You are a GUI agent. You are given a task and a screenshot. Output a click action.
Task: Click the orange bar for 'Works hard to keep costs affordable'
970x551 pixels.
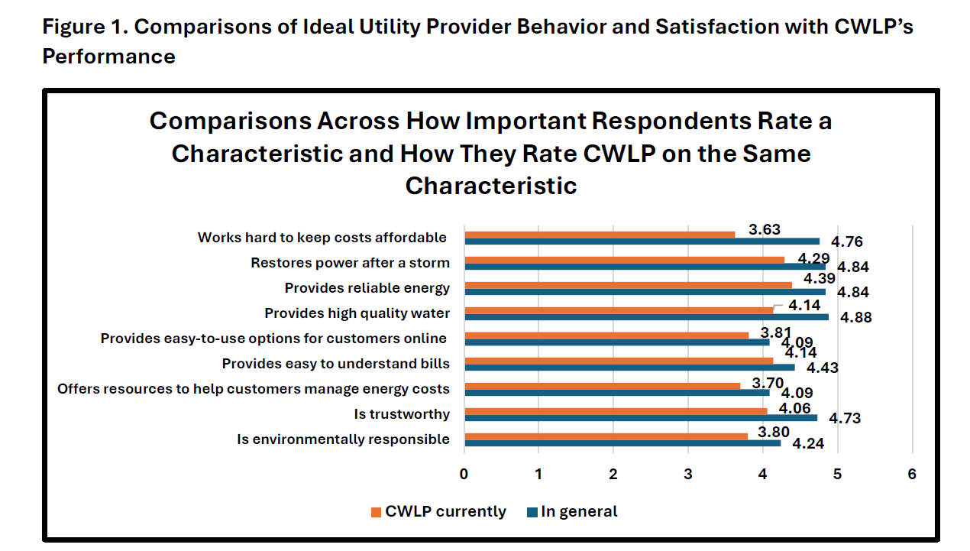(600, 235)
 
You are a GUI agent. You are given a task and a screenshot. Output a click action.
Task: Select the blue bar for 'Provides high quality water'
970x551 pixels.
(646, 316)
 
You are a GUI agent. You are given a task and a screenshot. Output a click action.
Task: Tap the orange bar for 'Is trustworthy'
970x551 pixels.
(616, 411)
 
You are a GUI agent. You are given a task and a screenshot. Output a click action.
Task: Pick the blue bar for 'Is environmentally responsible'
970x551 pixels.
(622, 442)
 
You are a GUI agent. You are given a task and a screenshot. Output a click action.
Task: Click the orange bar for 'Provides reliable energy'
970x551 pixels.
(628, 285)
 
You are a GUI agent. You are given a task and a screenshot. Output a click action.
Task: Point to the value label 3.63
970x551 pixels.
(765, 229)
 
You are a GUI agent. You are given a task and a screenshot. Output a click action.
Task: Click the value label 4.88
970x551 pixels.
(855, 317)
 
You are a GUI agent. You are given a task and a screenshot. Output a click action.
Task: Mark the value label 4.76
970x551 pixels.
(847, 242)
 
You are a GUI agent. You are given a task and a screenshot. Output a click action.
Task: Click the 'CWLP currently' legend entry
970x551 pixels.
(438, 511)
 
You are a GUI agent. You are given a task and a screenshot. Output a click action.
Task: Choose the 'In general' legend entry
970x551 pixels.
(572, 511)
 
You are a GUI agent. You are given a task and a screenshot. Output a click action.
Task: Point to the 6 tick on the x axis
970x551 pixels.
(912, 474)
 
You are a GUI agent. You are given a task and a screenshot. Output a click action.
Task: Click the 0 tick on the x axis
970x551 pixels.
(464, 474)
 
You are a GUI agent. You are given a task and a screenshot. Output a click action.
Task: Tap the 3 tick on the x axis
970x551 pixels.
(688, 474)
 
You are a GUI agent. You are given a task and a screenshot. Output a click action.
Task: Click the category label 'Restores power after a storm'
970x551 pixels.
(351, 263)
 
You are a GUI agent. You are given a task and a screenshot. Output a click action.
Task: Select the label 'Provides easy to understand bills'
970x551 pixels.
(336, 363)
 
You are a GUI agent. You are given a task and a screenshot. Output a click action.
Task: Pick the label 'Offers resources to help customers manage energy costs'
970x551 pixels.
(254, 388)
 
